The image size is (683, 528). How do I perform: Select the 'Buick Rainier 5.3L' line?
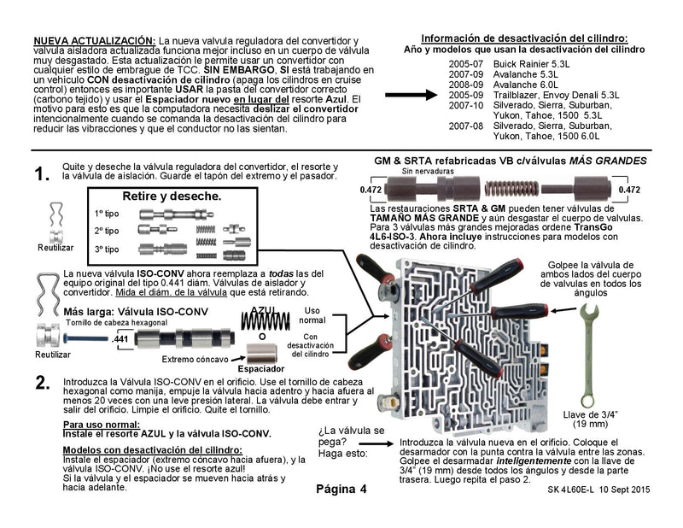tap(512, 63)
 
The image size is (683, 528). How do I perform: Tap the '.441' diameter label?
tap(120, 340)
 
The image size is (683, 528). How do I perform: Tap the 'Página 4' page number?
tap(340, 490)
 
